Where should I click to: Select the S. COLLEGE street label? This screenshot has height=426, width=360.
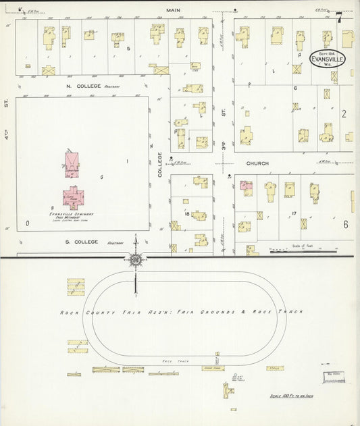pyautogui.click(x=82, y=242)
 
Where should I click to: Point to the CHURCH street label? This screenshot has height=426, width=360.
pyautogui.click(x=257, y=163)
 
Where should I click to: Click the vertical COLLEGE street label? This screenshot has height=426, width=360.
pyautogui.click(x=160, y=165)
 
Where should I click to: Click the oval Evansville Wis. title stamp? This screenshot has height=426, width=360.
pyautogui.click(x=327, y=59)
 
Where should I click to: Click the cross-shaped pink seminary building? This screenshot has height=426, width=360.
pyautogui.click(x=72, y=196)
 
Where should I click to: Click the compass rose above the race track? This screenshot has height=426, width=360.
pyautogui.click(x=136, y=260)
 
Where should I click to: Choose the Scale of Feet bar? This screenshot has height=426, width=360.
pyautogui.click(x=302, y=251)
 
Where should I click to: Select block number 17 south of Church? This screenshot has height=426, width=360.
pyautogui.click(x=294, y=214)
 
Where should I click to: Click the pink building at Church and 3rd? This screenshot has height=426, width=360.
pyautogui.click(x=246, y=187)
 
